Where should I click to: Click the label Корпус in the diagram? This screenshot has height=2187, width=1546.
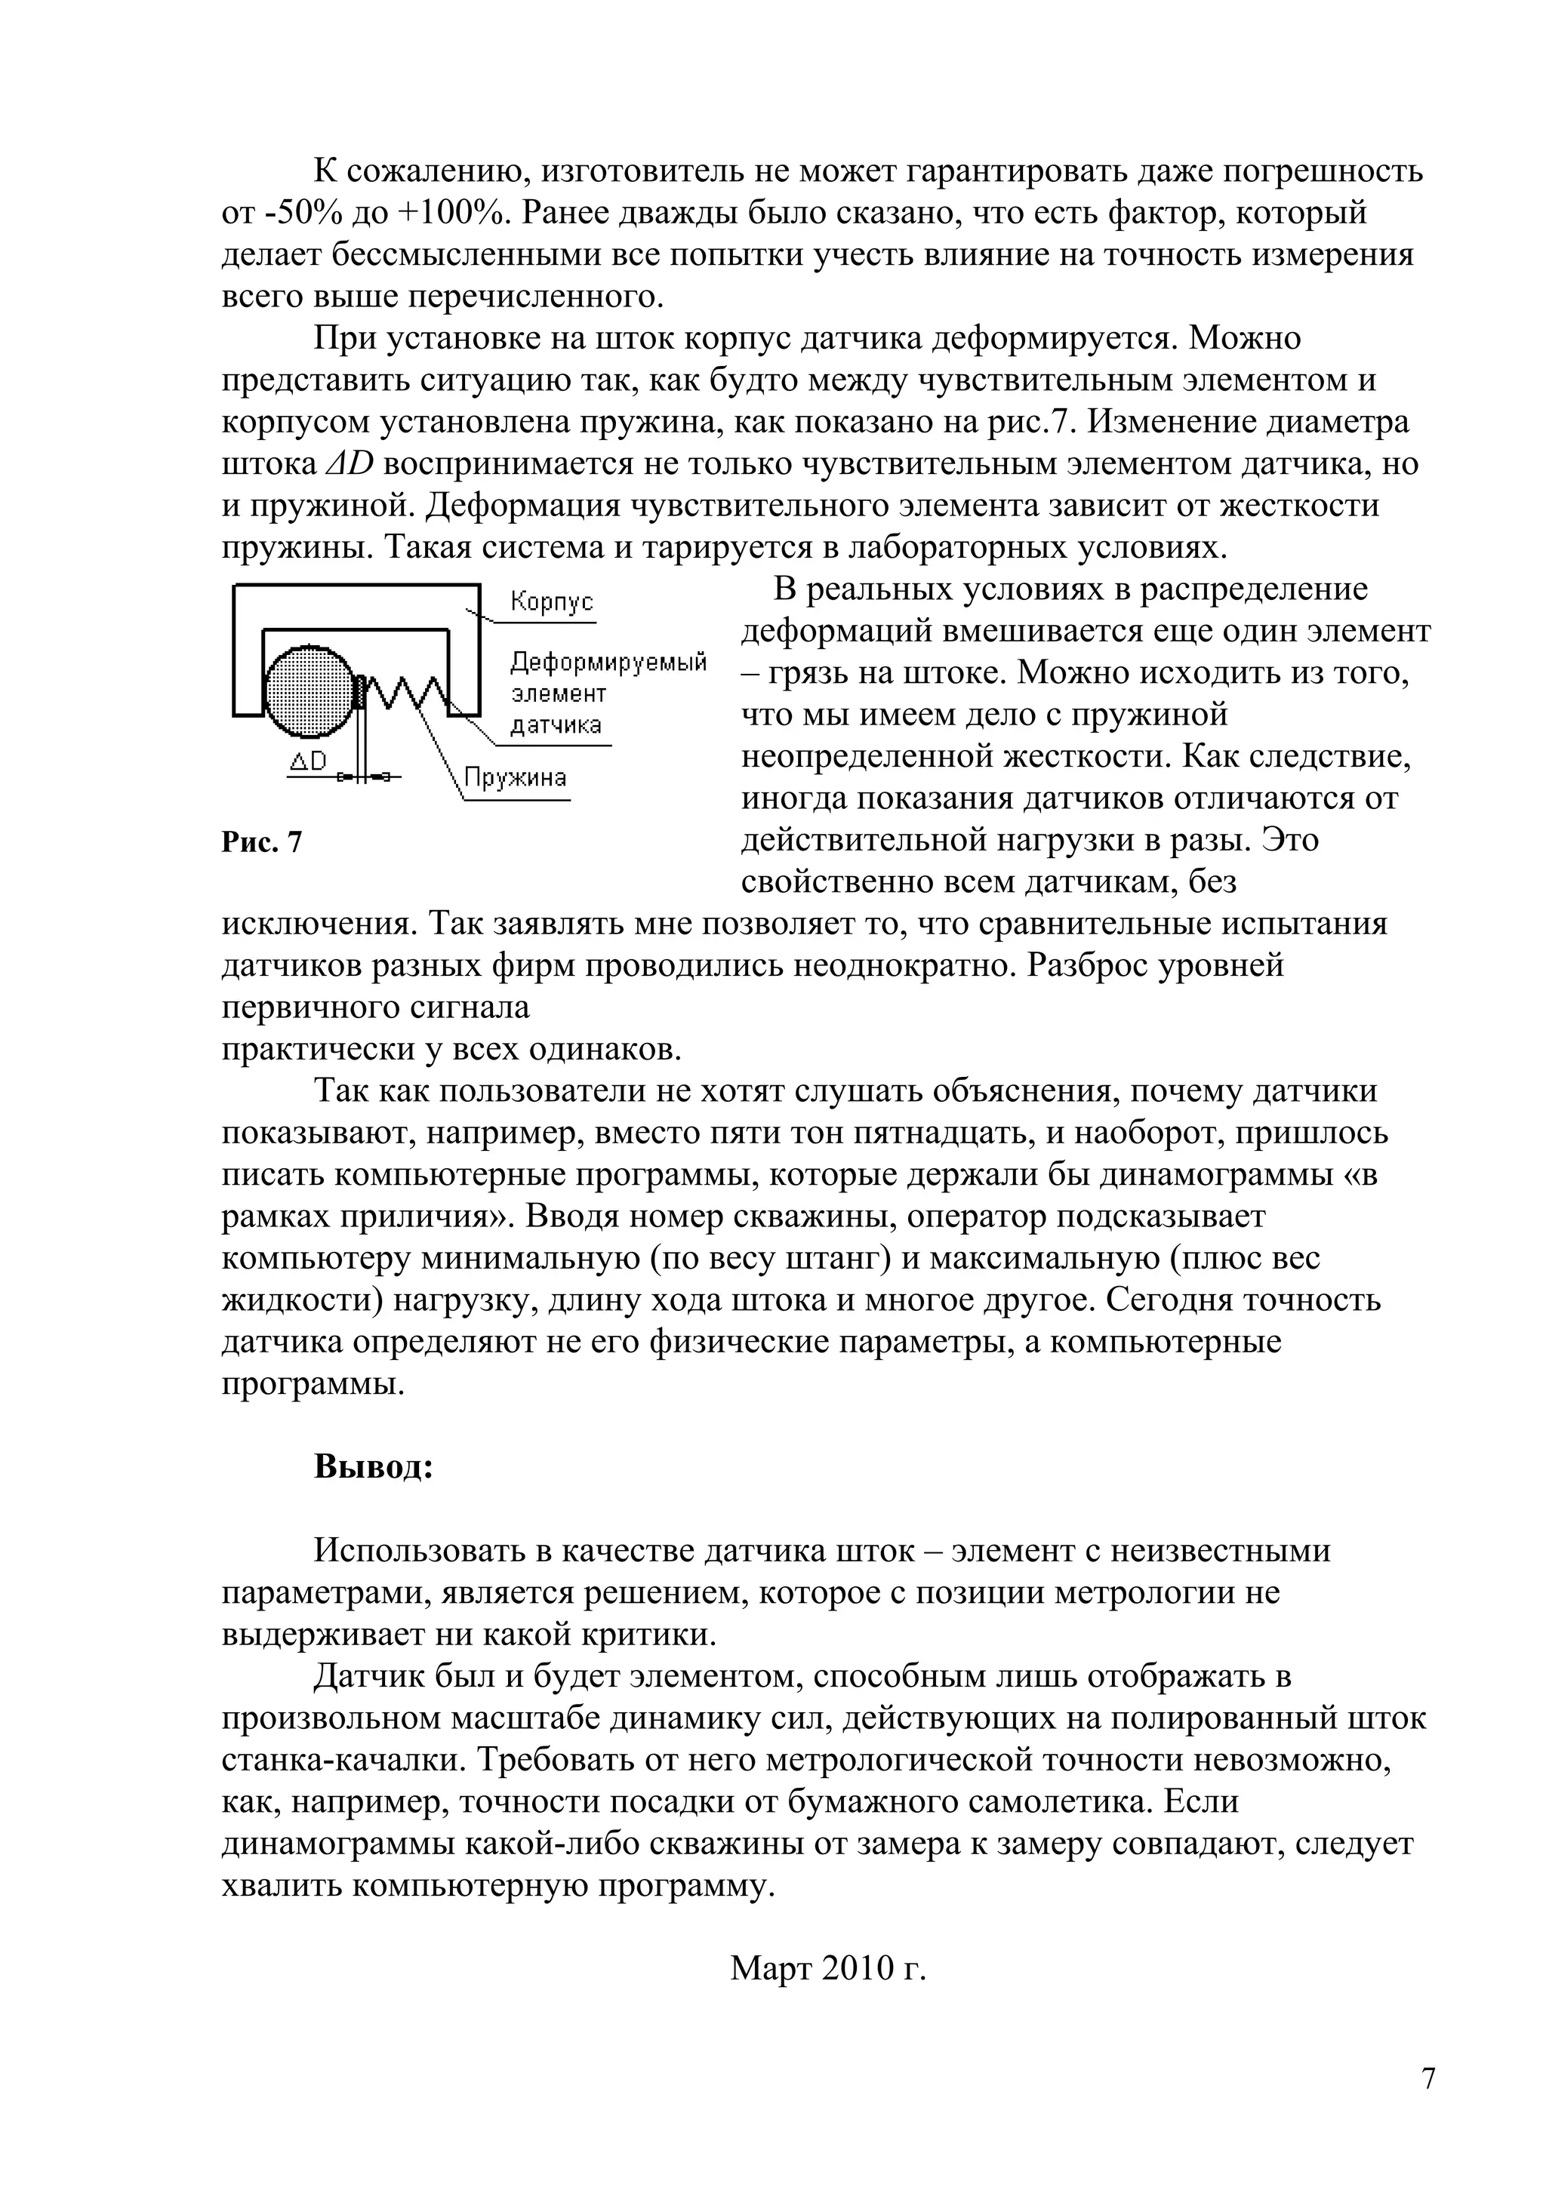click(x=552, y=602)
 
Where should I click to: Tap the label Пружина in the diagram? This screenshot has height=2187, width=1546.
click(x=516, y=778)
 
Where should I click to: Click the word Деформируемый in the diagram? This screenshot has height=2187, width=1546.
click(x=608, y=662)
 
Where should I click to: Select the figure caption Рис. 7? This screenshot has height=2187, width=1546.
click(x=262, y=842)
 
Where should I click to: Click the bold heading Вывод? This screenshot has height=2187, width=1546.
click(x=374, y=1466)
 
